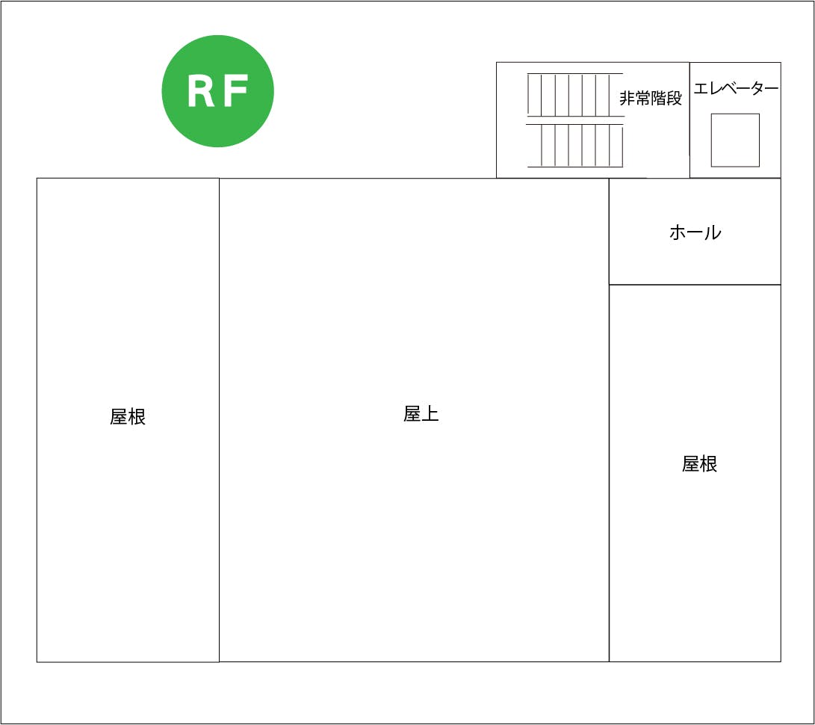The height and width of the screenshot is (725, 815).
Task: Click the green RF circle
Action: click(217, 91)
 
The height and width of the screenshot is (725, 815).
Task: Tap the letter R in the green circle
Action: click(201, 92)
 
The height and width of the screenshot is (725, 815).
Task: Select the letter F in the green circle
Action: click(235, 92)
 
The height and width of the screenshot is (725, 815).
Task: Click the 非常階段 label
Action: click(651, 99)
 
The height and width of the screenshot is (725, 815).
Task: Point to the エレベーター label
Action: click(736, 89)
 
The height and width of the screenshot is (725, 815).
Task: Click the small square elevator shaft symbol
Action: click(735, 140)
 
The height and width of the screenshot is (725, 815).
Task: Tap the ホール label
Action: click(695, 232)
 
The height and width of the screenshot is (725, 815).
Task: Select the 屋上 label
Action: click(421, 414)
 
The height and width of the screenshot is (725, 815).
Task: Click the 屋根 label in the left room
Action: click(128, 417)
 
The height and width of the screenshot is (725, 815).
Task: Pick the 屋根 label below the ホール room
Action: click(700, 464)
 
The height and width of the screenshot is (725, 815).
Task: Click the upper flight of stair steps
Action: click(574, 94)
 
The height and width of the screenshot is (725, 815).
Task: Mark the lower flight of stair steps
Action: click(574, 146)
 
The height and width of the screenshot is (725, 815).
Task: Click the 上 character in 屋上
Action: click(430, 414)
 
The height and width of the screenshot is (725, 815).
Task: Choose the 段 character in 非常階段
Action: click(675, 99)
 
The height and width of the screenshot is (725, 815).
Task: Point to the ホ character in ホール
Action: click(678, 232)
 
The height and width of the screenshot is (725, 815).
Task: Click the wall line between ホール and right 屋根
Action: click(695, 285)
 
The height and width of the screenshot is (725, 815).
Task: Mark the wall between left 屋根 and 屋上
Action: click(219, 419)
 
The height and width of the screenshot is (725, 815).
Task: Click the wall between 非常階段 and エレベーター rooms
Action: click(690, 120)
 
